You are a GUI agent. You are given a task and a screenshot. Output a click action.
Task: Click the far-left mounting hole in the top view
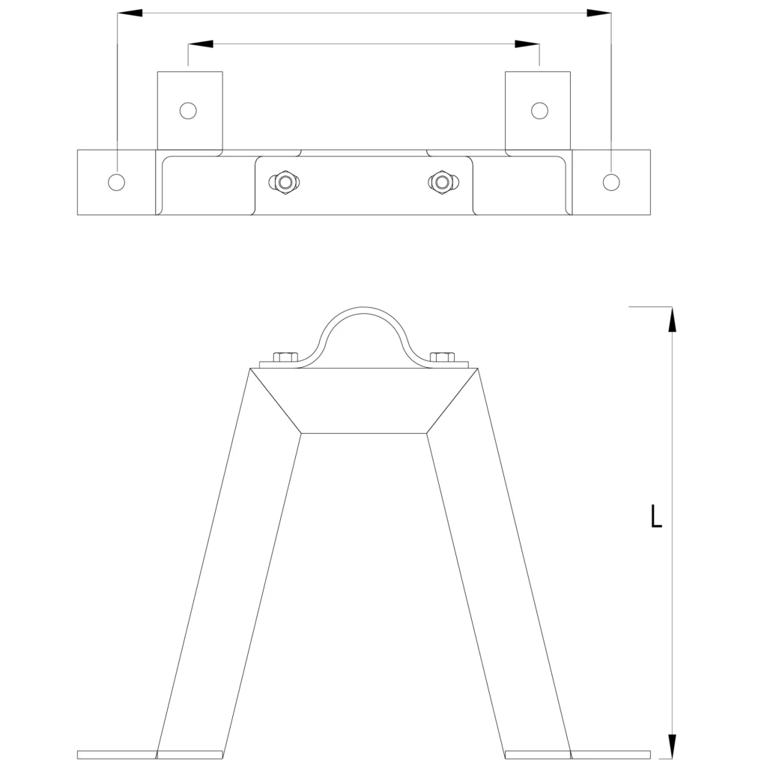(116, 182)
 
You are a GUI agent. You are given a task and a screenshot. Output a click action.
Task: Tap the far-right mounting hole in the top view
(611, 182)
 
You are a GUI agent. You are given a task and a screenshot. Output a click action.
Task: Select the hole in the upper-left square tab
(188, 111)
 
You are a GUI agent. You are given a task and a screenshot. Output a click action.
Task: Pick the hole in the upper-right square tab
(539, 111)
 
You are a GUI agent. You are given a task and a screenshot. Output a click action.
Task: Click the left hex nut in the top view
(284, 183)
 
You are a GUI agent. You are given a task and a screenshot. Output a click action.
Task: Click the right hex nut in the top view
(443, 183)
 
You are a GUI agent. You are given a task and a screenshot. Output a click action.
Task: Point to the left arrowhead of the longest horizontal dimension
(130, 13)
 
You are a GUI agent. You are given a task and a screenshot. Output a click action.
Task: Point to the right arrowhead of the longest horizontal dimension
(598, 13)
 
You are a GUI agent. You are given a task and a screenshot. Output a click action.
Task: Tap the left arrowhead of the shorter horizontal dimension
(201, 44)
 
